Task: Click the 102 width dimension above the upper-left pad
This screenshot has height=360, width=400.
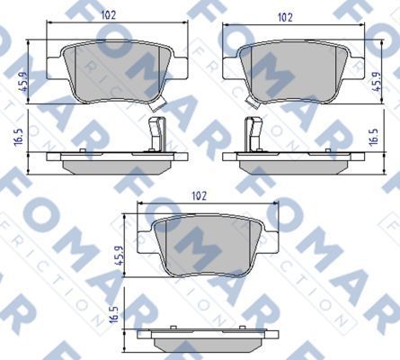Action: tap(109, 14)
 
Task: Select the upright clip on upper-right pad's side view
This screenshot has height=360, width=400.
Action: tap(249, 136)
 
